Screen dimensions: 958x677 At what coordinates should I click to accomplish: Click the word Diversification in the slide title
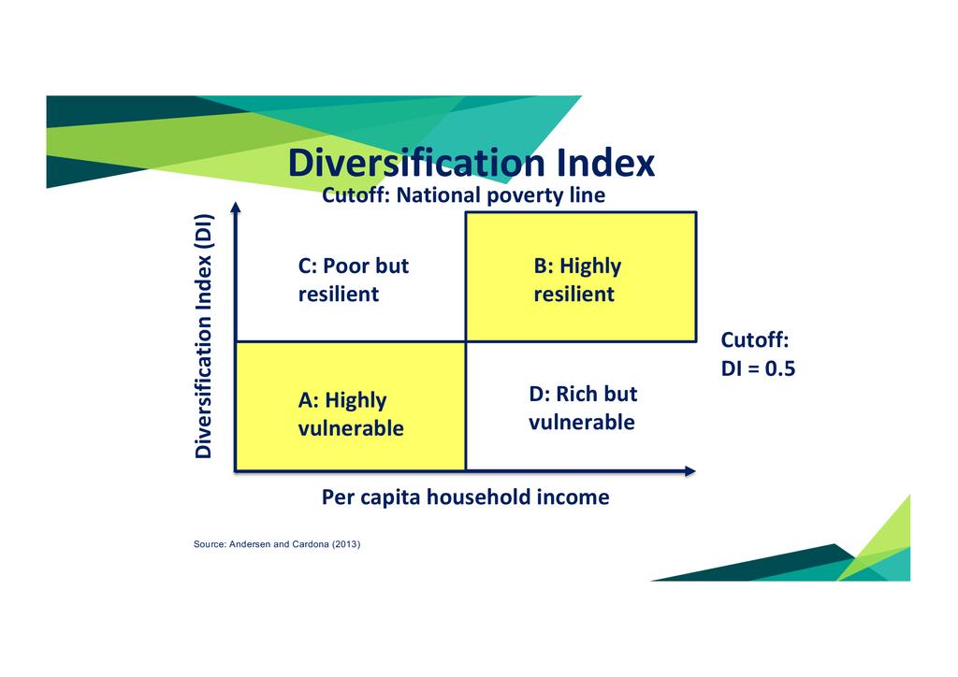pos(416,163)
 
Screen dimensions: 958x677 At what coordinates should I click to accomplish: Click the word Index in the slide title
pos(605,163)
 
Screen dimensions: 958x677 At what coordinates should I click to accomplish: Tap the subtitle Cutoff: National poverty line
pos(464,195)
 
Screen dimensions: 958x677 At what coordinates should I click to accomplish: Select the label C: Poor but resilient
pos(353,280)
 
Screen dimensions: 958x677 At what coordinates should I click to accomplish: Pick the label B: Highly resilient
pos(577,280)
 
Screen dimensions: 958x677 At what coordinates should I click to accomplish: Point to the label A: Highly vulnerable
pos(351,414)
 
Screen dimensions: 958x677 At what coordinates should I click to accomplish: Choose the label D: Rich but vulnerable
pos(583,408)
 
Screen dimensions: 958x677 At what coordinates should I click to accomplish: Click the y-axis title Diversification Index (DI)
pos(203,336)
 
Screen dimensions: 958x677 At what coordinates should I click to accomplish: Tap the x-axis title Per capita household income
pos(466,497)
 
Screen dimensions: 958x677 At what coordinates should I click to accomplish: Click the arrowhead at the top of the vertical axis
pos(236,208)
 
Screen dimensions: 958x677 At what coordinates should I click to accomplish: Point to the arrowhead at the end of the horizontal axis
pos(690,470)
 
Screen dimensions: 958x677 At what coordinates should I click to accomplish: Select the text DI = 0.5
pos(758,368)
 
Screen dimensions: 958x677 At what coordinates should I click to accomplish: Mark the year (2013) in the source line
pos(346,544)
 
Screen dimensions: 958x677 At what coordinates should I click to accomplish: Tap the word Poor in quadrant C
pos(346,266)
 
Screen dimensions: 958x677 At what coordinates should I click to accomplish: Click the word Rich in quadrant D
pos(573,394)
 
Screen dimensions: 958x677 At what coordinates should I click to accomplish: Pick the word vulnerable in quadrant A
pos(351,428)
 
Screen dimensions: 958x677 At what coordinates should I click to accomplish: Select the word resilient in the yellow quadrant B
pos(573,294)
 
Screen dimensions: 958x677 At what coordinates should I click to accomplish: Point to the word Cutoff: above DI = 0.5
pos(755,339)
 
